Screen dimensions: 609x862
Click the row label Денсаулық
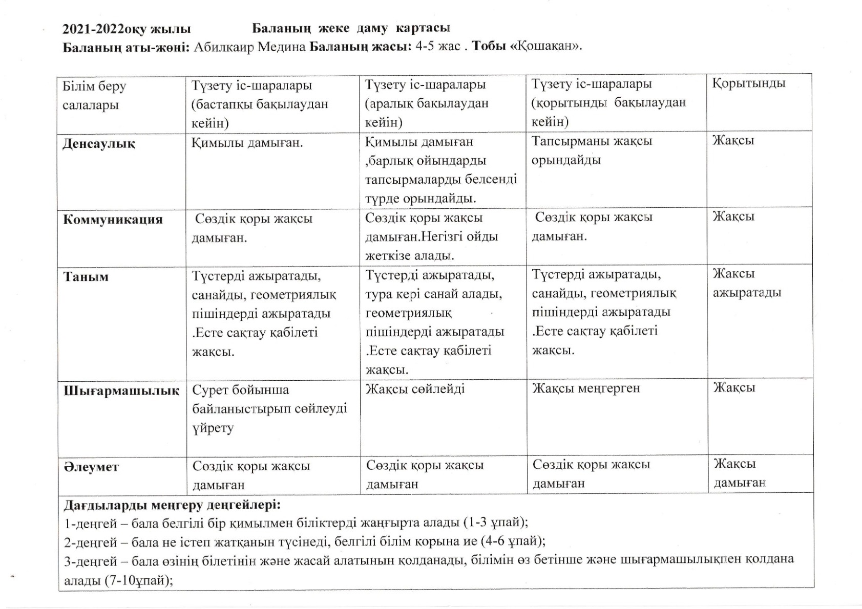tap(99, 144)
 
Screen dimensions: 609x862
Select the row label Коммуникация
tap(113, 220)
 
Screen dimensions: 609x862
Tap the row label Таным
tap(86, 277)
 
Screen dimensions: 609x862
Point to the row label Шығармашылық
tap(121, 391)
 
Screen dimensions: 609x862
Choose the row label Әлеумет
tap(91, 467)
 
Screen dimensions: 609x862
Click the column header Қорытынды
tap(748, 83)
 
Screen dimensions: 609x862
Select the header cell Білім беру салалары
tap(94, 95)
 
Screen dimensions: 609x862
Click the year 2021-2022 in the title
tap(94, 28)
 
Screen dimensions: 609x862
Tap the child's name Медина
tap(281, 47)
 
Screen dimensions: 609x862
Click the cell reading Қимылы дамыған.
tap(247, 143)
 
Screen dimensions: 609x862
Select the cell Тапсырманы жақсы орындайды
tap(592, 150)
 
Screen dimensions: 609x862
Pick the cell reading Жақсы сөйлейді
tap(415, 389)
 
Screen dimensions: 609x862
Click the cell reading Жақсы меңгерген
tap(586, 388)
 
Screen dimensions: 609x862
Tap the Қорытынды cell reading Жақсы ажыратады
tap(747, 283)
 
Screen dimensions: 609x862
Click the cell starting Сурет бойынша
tap(269, 408)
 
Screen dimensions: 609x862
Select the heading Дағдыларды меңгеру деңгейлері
tap(172, 506)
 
